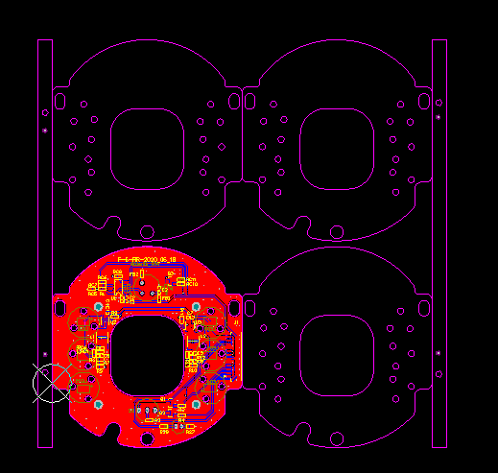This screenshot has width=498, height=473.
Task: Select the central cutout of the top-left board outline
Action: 147,148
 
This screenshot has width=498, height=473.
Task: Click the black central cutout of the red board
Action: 147,354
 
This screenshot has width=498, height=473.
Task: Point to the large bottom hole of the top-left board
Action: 147,231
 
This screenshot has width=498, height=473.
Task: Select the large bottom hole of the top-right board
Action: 337,231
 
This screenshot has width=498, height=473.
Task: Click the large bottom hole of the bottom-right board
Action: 337,438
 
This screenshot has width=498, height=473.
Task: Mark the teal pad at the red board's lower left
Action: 97,405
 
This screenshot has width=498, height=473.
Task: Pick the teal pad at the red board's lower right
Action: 195,405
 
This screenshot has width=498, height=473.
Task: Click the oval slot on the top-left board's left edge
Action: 59,100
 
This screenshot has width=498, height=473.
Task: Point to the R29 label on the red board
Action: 164,431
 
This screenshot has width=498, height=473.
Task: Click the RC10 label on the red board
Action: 191,285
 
